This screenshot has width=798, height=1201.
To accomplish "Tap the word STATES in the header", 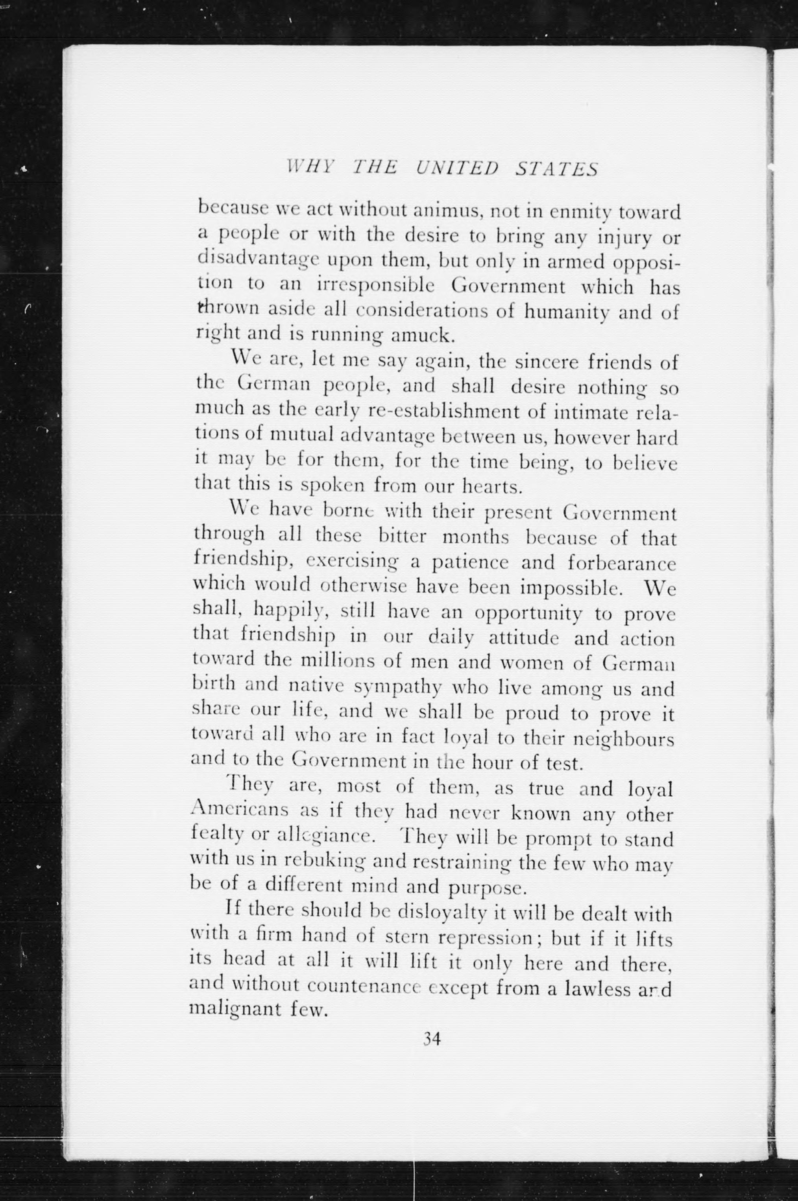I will click(557, 168).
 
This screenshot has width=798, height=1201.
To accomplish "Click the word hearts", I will click(491, 487).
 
